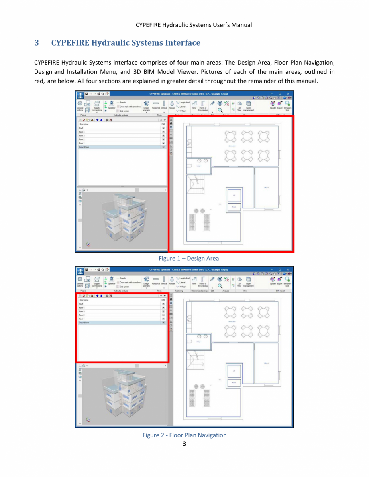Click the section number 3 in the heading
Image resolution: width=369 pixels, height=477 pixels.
(x=37, y=43)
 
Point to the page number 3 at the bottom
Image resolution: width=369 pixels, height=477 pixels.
(x=184, y=444)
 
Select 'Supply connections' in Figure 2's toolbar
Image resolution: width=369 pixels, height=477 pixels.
(x=97, y=282)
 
